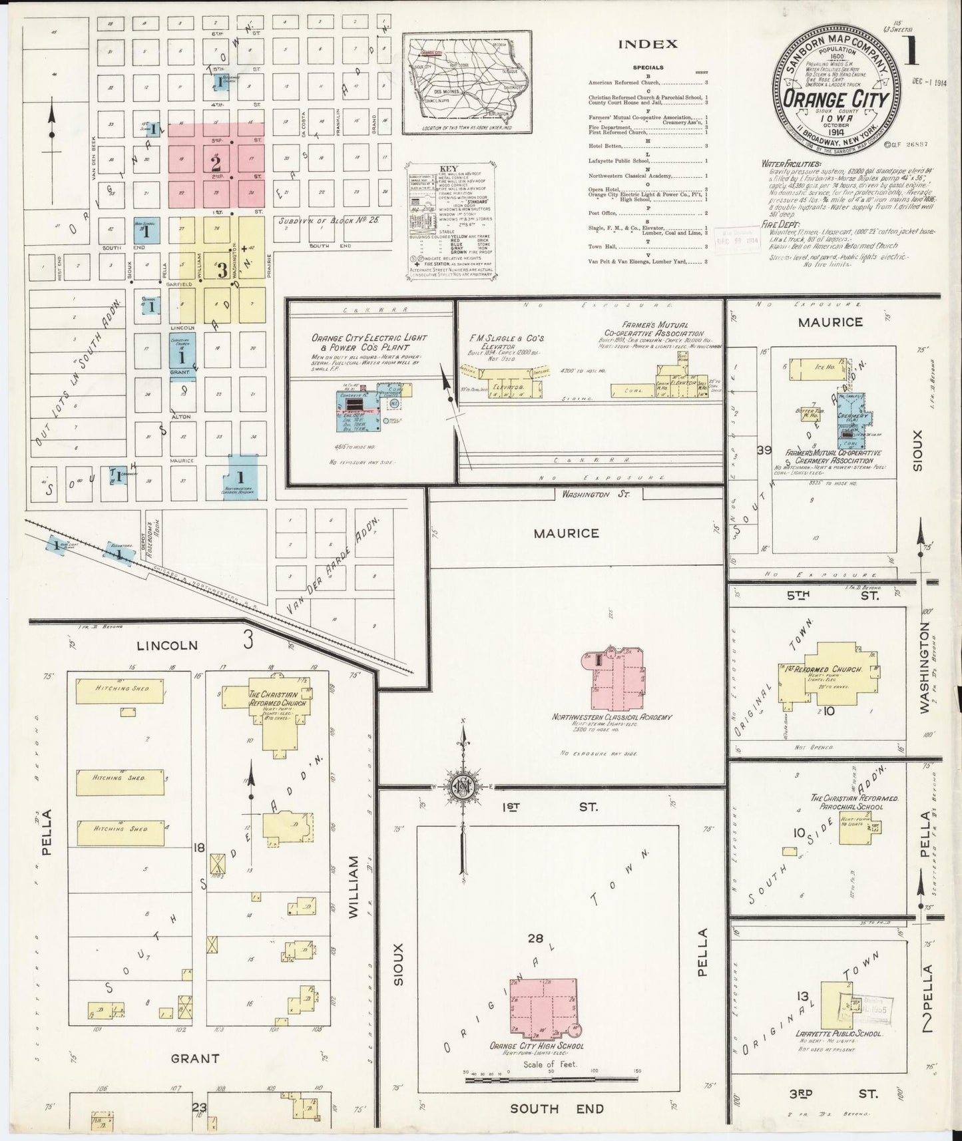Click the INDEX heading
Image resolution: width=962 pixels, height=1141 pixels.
coord(648,45)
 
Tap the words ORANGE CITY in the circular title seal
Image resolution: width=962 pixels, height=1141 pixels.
coord(836,100)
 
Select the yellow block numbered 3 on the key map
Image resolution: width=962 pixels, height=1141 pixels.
coord(222,270)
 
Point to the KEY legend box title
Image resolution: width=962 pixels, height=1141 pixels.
coord(450,169)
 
